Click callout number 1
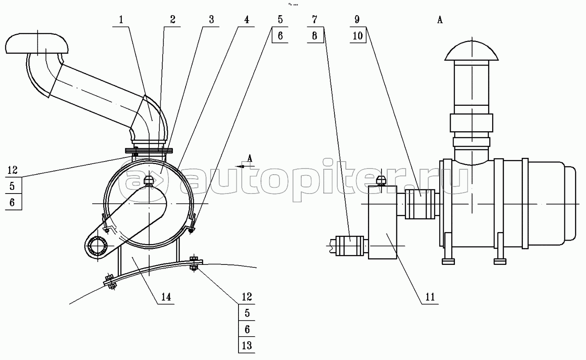(x=121, y=19)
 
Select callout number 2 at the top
(x=173, y=19)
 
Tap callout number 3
(x=211, y=19)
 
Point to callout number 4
(x=246, y=19)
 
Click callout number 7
(x=314, y=19)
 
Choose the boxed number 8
(x=314, y=35)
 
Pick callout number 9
(x=357, y=19)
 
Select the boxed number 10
(x=358, y=35)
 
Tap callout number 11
(x=430, y=296)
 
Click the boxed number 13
(x=247, y=345)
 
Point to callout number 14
(x=166, y=296)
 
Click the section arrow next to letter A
(x=243, y=166)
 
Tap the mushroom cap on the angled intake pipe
(x=37, y=43)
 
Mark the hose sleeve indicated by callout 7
(x=350, y=246)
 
